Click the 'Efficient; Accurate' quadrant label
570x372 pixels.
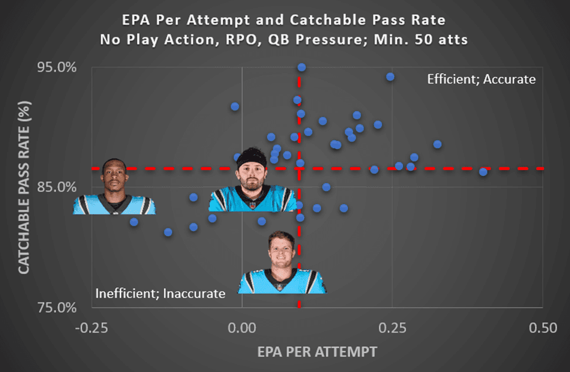click(x=481, y=79)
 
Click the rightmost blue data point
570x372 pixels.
click(x=483, y=171)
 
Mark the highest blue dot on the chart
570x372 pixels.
click(x=302, y=67)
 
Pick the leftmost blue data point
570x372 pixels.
click(x=134, y=222)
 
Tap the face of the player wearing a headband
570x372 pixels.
click(x=252, y=173)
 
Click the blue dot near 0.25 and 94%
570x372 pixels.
click(x=390, y=77)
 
